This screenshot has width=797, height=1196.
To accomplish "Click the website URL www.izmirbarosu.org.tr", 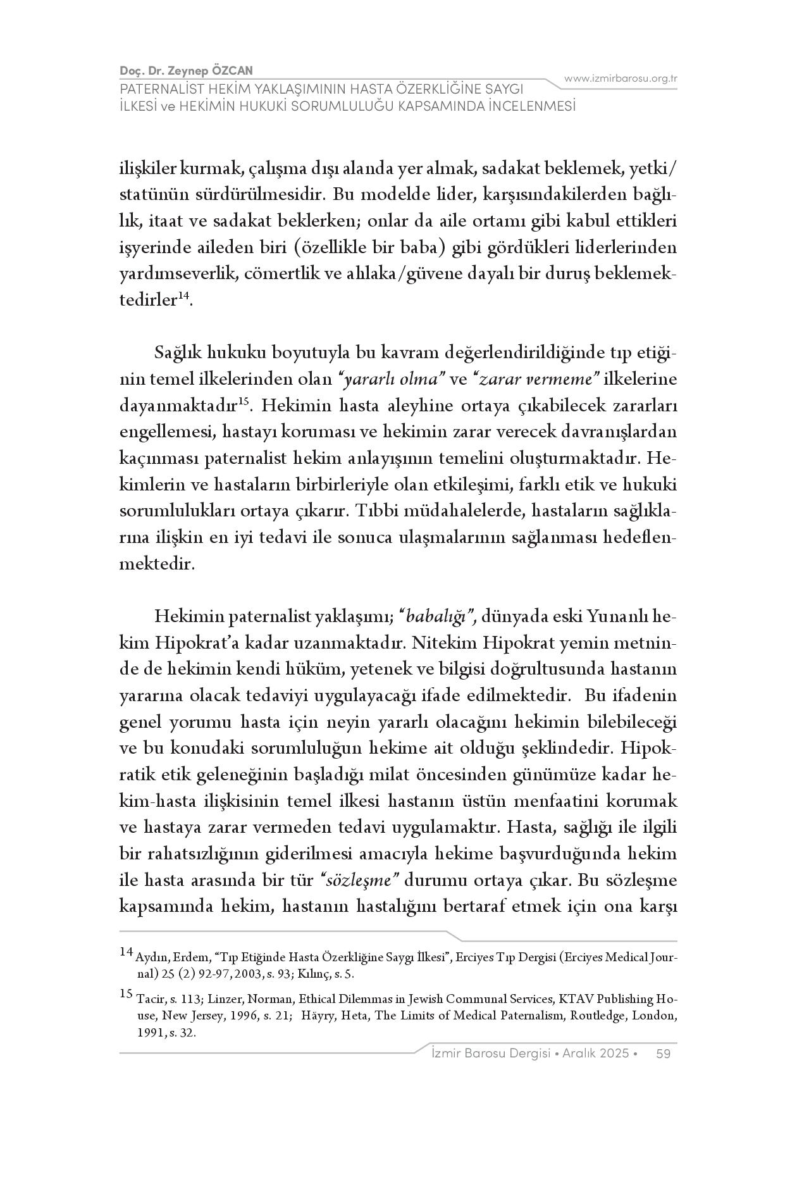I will coord(621,78).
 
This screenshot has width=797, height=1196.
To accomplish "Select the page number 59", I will coord(664,1054).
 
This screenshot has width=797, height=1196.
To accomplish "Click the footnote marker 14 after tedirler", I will coord(183,296).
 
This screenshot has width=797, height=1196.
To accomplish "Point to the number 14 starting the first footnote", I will coord(126,952).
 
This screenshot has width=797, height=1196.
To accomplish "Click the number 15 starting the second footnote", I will coord(126,994).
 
